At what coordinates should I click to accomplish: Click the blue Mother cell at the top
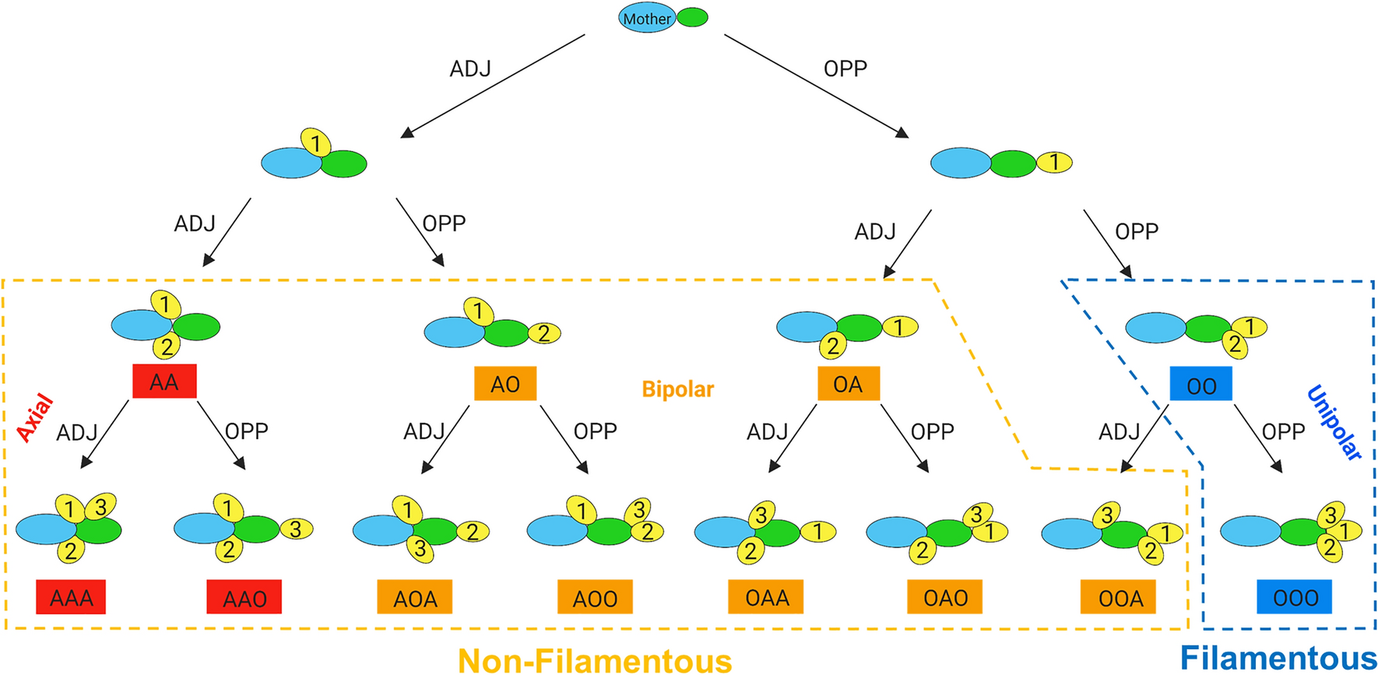pyautogui.click(x=645, y=18)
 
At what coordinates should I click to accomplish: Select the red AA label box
pyautogui.click(x=164, y=381)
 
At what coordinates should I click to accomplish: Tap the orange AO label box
pyautogui.click(x=505, y=384)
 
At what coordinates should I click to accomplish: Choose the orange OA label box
pyautogui.click(x=849, y=384)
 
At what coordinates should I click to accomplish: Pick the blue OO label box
pyautogui.click(x=1200, y=385)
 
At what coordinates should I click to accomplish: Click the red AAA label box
pyautogui.click(x=71, y=597)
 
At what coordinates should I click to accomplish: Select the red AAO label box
pyautogui.click(x=244, y=597)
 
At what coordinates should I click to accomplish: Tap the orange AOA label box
pyautogui.click(x=415, y=597)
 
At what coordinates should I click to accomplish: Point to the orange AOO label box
pyautogui.click(x=595, y=597)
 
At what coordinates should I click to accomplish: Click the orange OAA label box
pyautogui.click(x=766, y=597)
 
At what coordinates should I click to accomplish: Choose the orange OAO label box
pyautogui.click(x=944, y=597)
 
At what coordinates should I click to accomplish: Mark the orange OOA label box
pyautogui.click(x=1118, y=597)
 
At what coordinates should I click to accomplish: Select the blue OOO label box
pyautogui.click(x=1294, y=597)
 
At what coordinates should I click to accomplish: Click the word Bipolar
pyautogui.click(x=677, y=389)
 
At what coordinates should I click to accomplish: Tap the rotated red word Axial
pyautogui.click(x=35, y=418)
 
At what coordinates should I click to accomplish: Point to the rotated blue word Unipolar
pyautogui.click(x=1334, y=423)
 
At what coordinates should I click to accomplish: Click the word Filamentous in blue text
pyautogui.click(x=1278, y=658)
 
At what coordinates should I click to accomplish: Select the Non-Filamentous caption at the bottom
pyautogui.click(x=595, y=661)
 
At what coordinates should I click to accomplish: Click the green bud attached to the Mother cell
pyautogui.click(x=692, y=17)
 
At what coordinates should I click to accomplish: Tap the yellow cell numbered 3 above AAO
pyautogui.click(x=296, y=529)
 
